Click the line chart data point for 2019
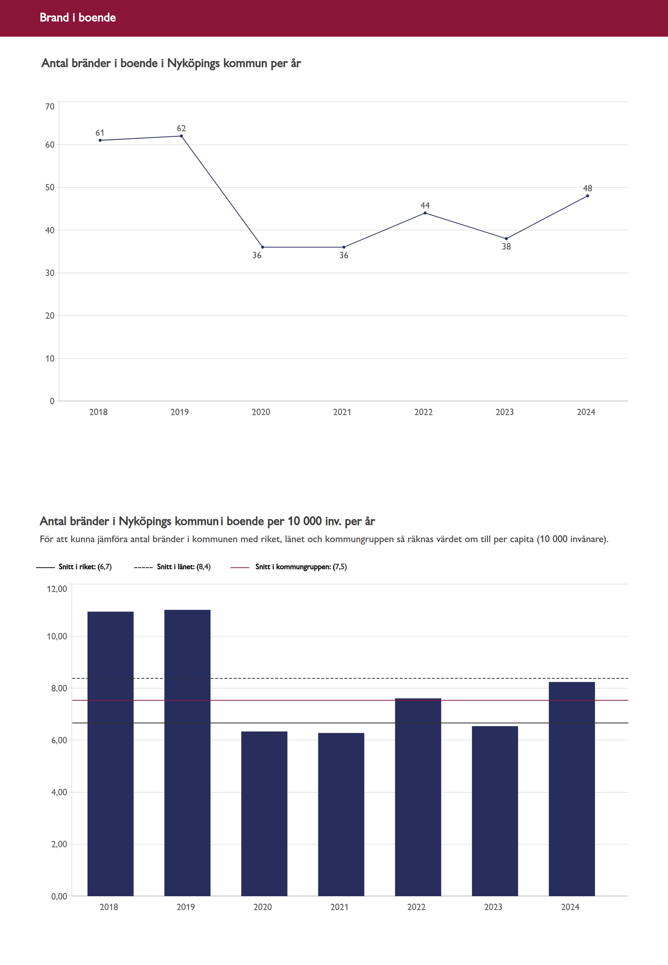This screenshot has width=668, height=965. pyautogui.click(x=181, y=136)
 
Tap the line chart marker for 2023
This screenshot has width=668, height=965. pyautogui.click(x=506, y=239)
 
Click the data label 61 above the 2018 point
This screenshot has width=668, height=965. pyautogui.click(x=100, y=133)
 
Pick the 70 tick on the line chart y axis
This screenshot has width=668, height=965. pyautogui.click(x=50, y=107)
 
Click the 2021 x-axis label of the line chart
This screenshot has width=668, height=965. pyautogui.click(x=342, y=412)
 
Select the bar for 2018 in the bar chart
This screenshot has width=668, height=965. pyautogui.click(x=111, y=753)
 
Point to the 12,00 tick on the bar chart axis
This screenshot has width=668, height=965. pyautogui.click(x=57, y=589)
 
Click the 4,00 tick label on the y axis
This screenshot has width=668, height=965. pyautogui.click(x=59, y=792)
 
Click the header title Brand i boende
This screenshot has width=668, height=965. pyautogui.click(x=78, y=17)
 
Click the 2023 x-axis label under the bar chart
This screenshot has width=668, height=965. pyautogui.click(x=493, y=907)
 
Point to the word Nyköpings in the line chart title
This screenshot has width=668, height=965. pyautogui.click(x=194, y=64)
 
